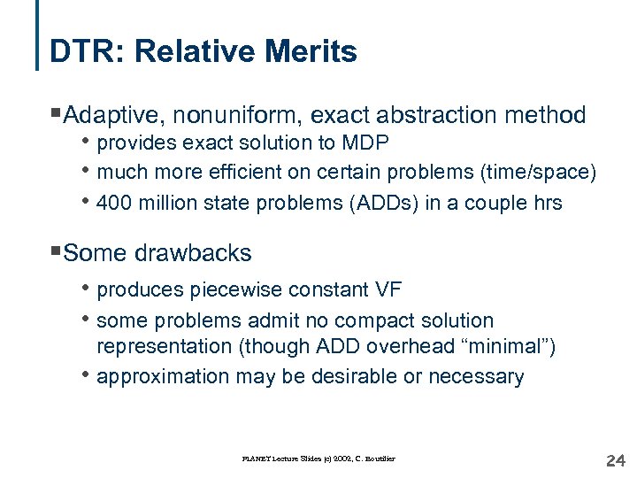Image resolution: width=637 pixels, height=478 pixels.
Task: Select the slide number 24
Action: pyautogui.click(x=614, y=460)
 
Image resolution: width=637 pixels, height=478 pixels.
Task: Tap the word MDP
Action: pyautogui.click(x=367, y=143)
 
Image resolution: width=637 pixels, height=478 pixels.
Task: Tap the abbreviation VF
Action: pyautogui.click(x=390, y=289)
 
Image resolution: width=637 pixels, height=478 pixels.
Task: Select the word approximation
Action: pyautogui.click(x=164, y=377)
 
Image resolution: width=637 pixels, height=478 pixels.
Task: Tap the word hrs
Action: pyautogui.click(x=546, y=203)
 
